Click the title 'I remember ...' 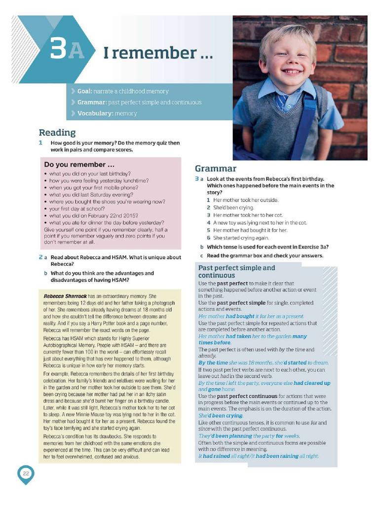158,53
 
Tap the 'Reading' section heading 57,132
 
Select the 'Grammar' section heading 215,168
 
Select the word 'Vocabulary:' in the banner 95,113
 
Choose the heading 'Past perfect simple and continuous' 236,271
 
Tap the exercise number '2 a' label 43,257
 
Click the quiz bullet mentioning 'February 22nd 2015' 93,216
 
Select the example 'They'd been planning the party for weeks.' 249,436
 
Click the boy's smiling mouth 292,72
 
